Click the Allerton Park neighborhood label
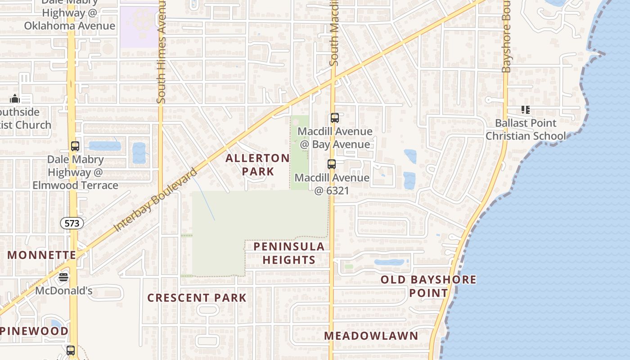[257, 165]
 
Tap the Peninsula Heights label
[289, 253]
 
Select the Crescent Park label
[197, 298]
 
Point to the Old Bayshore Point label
[428, 286]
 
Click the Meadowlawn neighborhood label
[371, 336]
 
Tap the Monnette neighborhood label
[42, 255]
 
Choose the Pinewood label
[34, 331]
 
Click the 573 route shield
[72, 223]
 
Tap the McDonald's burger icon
[63, 277]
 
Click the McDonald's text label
[63, 291]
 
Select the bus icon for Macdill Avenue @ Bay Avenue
[334, 118]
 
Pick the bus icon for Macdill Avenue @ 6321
[332, 164]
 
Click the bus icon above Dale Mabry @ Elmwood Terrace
[75, 146]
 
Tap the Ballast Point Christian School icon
[525, 109]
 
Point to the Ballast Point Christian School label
[526, 130]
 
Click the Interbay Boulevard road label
[155, 200]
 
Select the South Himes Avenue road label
[162, 52]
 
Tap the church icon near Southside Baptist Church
[15, 99]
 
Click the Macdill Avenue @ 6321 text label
[332, 184]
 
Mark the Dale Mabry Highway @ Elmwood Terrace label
[76, 172]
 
